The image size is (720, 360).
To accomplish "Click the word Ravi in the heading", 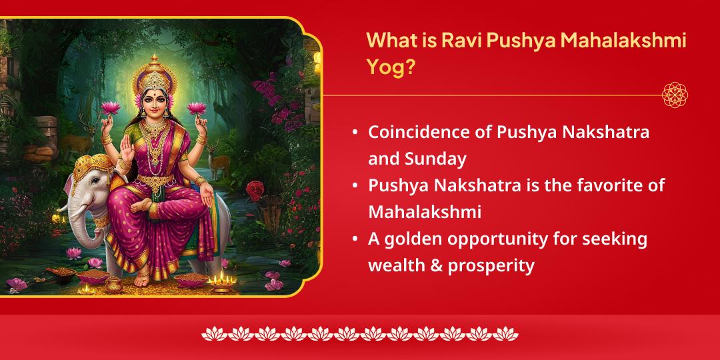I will tap(460, 41).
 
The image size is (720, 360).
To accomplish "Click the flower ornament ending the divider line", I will tap(675, 95).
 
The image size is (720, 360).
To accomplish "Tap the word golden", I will tap(413, 239).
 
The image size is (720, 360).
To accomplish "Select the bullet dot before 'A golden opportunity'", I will tap(355, 239).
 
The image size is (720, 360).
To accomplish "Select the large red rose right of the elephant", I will tap(255, 189).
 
